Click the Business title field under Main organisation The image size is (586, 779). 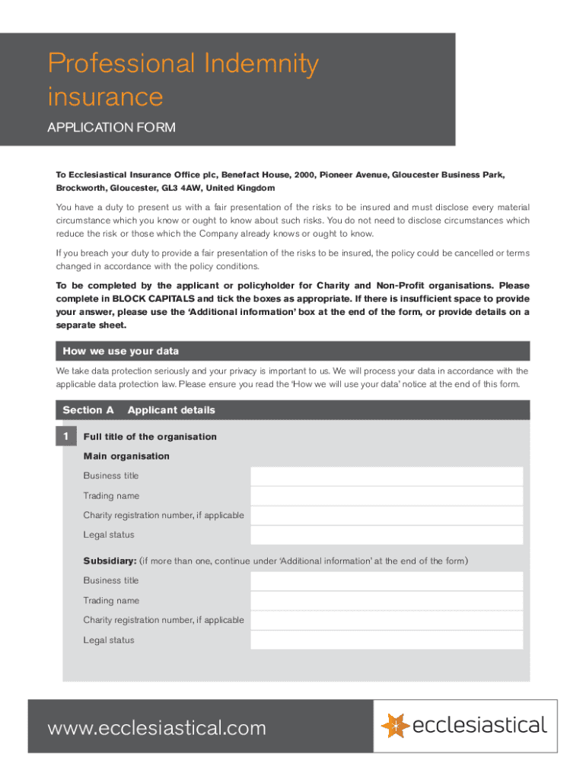387,476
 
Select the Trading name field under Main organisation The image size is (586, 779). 387,496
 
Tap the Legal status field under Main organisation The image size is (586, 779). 387,536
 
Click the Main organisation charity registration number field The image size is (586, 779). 387,516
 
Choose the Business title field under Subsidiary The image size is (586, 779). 387,581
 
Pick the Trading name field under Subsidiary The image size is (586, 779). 387,601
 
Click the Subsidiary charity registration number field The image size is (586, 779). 387,621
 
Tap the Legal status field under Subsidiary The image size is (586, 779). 387,641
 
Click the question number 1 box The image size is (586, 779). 65,437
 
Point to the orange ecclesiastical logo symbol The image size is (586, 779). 394,726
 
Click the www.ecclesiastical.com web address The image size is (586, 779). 157,728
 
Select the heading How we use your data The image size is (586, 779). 121,351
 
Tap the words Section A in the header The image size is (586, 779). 88,411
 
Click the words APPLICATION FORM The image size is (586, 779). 111,128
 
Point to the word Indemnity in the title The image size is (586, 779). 261,64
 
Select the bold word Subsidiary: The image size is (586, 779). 110,561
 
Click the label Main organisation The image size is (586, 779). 126,456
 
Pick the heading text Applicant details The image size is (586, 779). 171,411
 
